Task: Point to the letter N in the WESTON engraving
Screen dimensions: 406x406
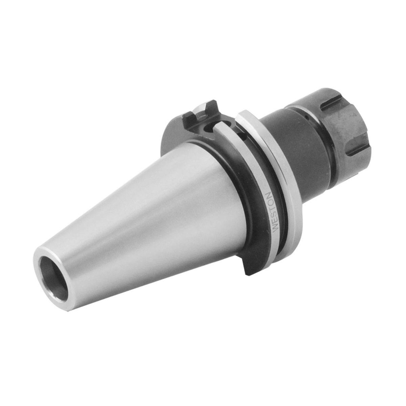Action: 269,196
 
